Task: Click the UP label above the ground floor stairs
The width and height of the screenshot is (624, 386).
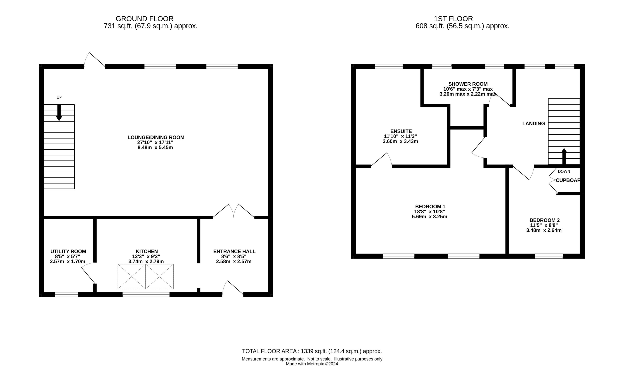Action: pos(59,98)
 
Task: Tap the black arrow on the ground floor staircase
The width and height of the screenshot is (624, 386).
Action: pos(59,113)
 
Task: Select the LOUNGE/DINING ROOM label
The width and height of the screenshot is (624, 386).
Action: pos(156,137)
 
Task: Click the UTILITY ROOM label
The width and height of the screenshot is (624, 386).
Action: pos(68,251)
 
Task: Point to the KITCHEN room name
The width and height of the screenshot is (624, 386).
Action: pos(147,251)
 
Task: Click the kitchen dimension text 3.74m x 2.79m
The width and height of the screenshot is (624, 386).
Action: pos(146,261)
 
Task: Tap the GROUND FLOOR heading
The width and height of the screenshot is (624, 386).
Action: pos(144,19)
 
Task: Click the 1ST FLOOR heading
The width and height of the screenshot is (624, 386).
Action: pos(453,19)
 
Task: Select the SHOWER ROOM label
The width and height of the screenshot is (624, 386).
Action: pos(468,84)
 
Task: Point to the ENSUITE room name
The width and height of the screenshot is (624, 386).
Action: pos(401,132)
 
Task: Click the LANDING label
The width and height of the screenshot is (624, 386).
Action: pos(533,124)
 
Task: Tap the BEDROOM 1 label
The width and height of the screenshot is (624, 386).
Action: pos(430,207)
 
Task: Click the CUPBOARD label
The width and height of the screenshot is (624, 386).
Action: pos(568,180)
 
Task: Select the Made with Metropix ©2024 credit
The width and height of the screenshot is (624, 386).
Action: pos(312,364)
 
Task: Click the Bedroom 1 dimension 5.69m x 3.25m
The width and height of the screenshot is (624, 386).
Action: pos(429,217)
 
